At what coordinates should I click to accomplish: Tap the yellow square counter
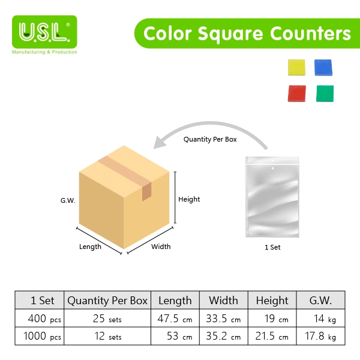296,67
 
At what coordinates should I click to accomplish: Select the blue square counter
323,67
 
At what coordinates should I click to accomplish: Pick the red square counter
296,94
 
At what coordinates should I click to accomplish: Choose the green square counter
325,94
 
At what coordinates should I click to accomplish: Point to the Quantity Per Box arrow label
210,139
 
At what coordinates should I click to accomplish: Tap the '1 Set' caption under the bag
272,247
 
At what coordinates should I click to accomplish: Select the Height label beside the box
189,199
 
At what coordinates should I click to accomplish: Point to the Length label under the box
90,247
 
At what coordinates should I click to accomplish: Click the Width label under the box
161,247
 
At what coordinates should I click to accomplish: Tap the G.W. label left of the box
68,200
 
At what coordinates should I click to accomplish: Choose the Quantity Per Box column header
107,301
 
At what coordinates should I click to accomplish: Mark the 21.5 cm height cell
272,337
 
